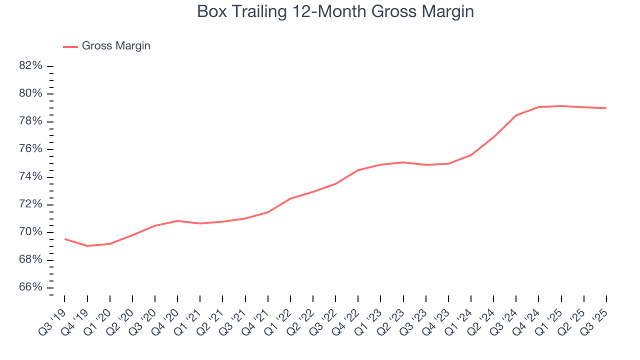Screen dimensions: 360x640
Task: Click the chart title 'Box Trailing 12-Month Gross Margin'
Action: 335,11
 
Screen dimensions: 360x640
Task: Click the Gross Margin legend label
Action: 116,46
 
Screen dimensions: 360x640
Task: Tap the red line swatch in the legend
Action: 70,46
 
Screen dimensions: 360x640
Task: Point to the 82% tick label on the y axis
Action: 31,66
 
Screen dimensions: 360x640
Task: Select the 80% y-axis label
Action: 31,94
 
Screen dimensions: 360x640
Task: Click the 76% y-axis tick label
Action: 31,149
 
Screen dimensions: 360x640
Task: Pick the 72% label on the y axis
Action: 31,205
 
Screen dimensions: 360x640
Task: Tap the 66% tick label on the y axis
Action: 31,288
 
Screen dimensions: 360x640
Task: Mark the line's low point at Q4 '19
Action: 87,246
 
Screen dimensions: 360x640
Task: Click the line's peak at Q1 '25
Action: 561,106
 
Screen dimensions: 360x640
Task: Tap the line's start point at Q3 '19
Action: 65,239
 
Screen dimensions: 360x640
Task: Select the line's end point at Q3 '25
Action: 606,108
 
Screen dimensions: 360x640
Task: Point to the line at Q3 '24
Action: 516,115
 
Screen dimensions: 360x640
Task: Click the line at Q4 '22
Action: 358,170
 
